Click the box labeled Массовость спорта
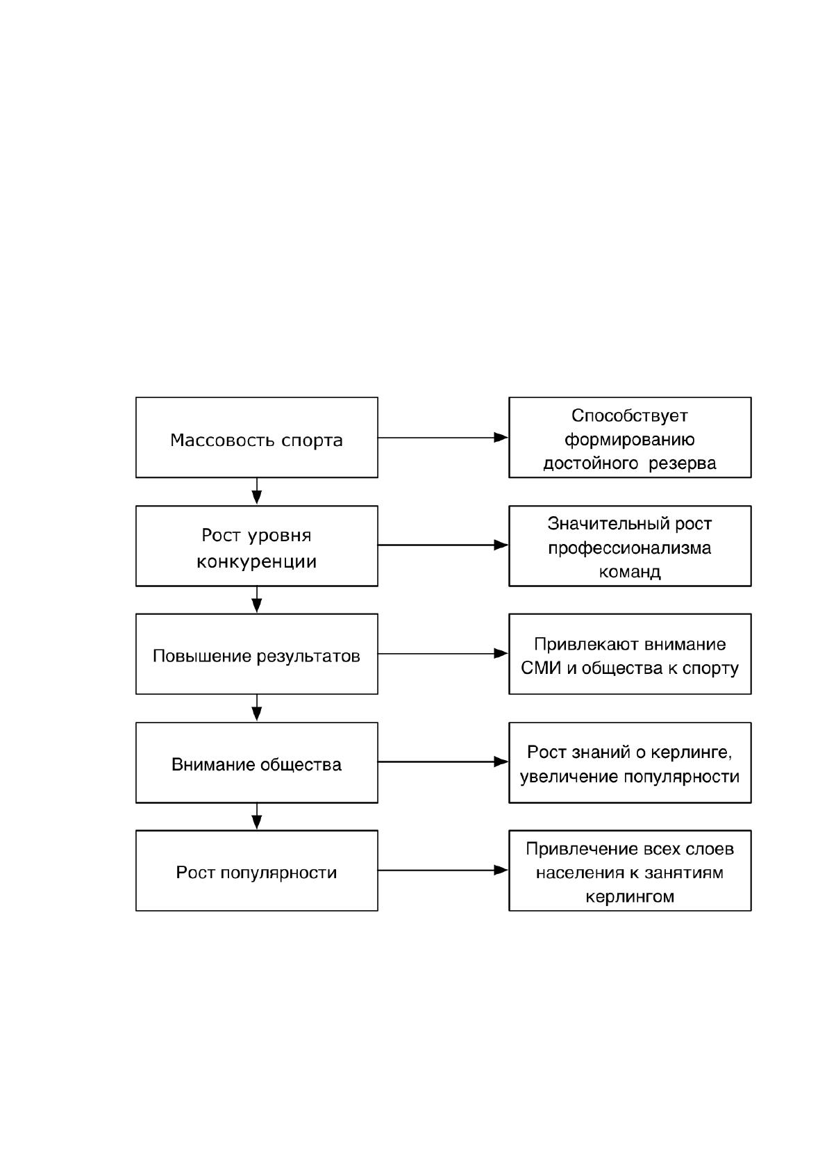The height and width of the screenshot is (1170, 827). point(256,437)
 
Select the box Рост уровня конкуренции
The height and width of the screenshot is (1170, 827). point(256,546)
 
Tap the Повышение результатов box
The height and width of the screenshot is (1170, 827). point(256,654)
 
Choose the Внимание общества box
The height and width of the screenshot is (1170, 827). point(256,763)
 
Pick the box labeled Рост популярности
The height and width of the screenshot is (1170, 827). point(256,871)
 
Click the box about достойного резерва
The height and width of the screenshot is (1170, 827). point(630,437)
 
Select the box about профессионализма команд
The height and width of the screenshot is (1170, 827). point(630,546)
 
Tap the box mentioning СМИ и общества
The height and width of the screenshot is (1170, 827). point(630,654)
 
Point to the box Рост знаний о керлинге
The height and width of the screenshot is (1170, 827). point(630,763)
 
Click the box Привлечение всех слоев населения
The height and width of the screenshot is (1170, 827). point(630,871)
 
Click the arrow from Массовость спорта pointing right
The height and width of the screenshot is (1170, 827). point(443,437)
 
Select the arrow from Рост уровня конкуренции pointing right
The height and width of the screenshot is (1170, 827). point(443,545)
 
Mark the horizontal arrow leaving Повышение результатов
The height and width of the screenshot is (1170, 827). point(443,653)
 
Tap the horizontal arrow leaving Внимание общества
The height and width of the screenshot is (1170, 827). point(443,762)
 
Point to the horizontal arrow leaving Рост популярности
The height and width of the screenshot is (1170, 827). point(443,870)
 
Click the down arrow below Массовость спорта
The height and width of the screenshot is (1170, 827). point(256,491)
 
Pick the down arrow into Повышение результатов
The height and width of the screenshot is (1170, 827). point(256,600)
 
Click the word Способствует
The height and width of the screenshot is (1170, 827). point(629,416)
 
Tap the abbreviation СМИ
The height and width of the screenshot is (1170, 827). point(541,668)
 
